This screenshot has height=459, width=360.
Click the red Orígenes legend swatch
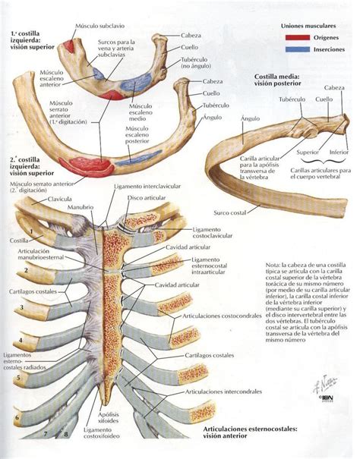(292, 36)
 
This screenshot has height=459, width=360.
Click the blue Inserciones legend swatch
(292, 49)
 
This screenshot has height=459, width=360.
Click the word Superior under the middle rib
(286, 152)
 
